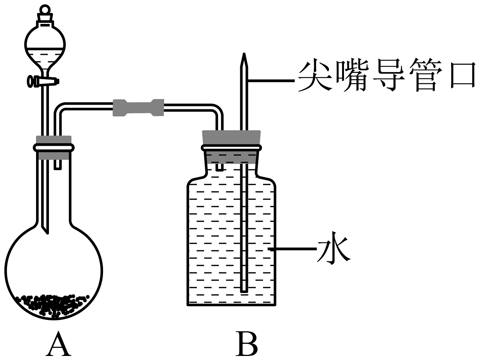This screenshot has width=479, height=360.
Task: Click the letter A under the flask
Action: coord(58,344)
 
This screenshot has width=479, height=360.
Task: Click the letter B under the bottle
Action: coord(246,344)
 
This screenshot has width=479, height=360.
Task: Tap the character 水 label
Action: coord(333,250)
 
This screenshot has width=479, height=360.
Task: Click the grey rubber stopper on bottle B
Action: coord(232,137)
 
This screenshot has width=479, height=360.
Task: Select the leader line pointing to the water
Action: coord(292,250)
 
